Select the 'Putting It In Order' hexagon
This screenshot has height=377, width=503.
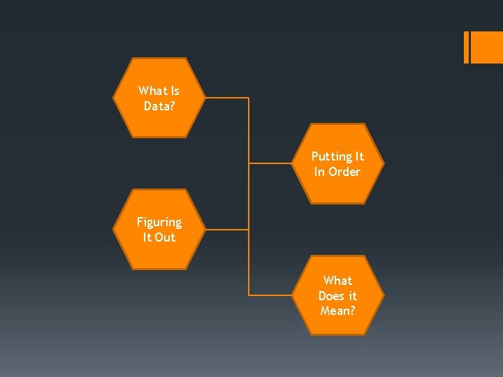[337, 164]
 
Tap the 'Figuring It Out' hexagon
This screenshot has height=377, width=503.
[159, 229]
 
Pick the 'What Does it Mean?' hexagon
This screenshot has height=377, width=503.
[337, 295]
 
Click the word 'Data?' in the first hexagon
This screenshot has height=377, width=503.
[159, 106]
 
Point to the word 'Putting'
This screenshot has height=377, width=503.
[328, 156]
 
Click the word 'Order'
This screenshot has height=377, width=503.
[345, 172]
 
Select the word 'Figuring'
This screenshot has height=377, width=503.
[159, 222]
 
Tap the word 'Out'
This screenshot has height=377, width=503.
[165, 237]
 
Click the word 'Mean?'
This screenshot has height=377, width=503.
[337, 311]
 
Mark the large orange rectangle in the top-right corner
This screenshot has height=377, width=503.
[488, 47]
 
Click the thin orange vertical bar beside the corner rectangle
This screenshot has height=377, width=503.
[466, 47]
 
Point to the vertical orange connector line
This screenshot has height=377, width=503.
[249, 195]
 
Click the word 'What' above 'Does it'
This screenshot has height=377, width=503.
[337, 280]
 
